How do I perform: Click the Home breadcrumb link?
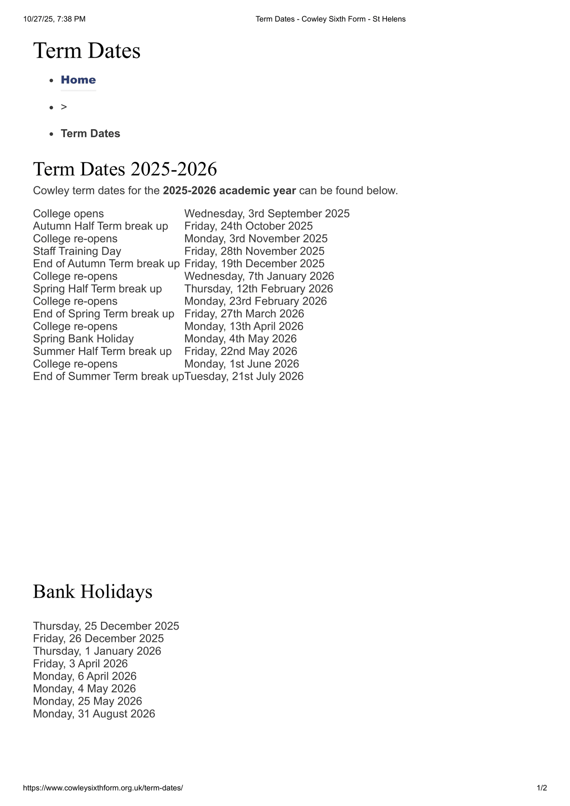tap(78, 80)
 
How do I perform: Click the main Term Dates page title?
tap(87, 51)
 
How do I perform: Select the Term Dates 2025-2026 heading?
tap(125, 169)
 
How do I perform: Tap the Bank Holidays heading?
tap(92, 591)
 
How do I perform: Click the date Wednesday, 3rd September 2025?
tap(267, 214)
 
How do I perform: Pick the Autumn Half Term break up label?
tap(100, 226)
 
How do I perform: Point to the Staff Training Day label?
tap(77, 251)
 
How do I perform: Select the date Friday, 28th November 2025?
tap(254, 251)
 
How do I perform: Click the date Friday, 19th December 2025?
tap(254, 263)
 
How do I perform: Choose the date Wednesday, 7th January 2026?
tap(259, 276)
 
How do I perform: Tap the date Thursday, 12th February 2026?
tap(259, 289)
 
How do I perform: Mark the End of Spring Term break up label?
tap(104, 314)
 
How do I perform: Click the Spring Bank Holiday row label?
tap(83, 339)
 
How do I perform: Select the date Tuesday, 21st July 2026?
tap(244, 376)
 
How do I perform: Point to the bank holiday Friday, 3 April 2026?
tap(80, 664)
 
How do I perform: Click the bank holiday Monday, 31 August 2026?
tap(94, 714)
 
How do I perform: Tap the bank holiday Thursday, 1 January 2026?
tap(97, 651)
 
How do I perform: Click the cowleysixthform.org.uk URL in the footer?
tap(103, 788)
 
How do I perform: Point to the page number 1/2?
tap(541, 788)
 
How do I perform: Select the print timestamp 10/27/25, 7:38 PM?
tap(55, 19)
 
